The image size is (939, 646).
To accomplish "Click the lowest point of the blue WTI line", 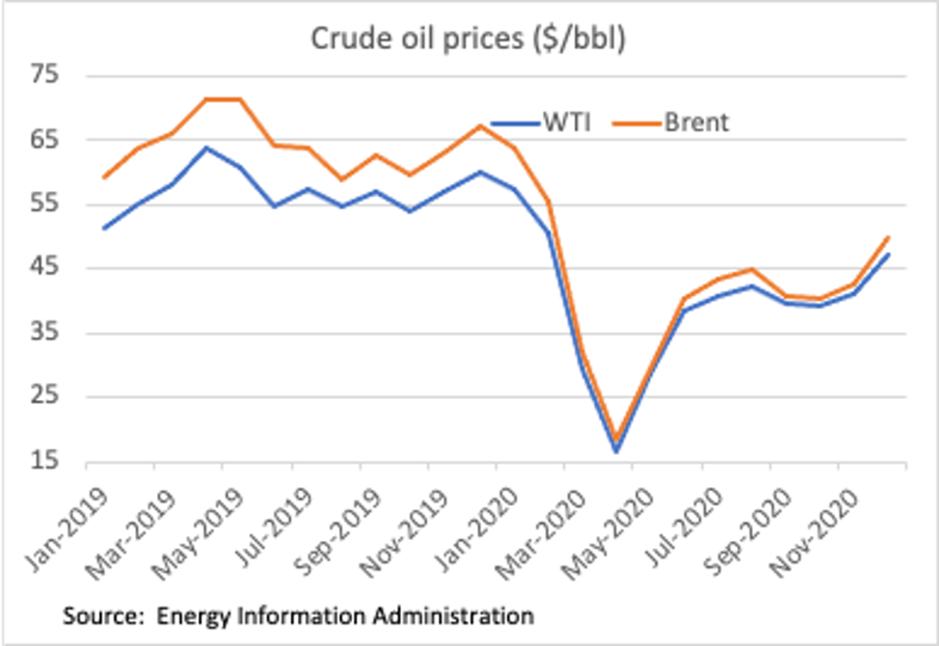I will click(x=617, y=452).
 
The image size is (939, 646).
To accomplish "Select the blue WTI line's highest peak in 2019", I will click(x=206, y=148).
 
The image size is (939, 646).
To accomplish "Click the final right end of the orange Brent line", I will click(x=889, y=236).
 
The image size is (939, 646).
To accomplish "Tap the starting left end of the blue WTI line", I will click(x=103, y=228).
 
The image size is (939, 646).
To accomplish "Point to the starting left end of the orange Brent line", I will click(x=103, y=177).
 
